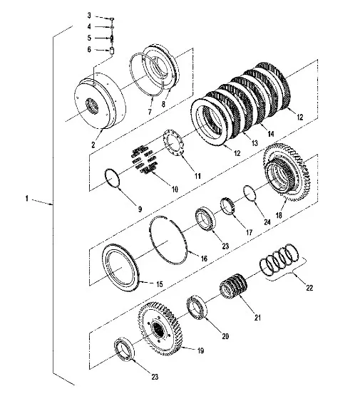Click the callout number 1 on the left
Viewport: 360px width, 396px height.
(x=27, y=198)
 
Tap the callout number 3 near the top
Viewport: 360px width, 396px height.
(x=89, y=16)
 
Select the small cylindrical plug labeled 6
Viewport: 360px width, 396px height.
(x=112, y=51)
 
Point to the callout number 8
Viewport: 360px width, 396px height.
(x=163, y=104)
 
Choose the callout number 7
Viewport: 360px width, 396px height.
(x=150, y=111)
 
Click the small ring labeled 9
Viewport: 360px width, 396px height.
(x=112, y=177)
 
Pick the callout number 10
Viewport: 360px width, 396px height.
(x=175, y=189)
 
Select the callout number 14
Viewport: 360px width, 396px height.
(x=271, y=134)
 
